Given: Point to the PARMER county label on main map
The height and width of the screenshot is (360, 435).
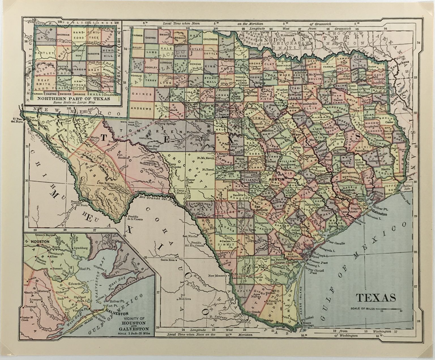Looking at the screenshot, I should pos(137,36).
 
